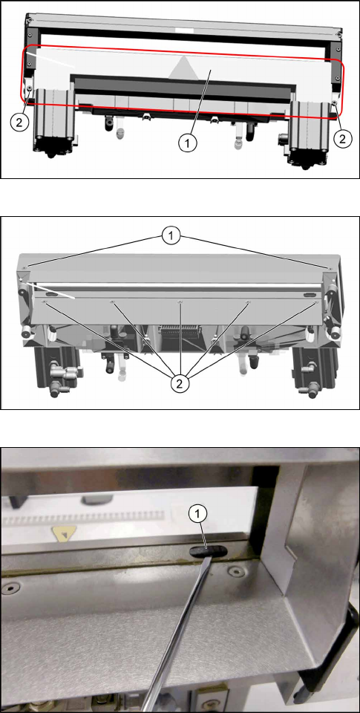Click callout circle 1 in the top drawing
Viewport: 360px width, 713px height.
[x=188, y=143]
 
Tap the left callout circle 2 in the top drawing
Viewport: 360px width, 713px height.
[x=19, y=121]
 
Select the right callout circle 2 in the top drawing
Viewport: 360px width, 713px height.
[x=342, y=139]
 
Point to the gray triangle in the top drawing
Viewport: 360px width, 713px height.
[x=183, y=67]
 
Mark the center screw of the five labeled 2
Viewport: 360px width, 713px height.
[x=180, y=302]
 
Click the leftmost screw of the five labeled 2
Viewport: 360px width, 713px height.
[x=45, y=302]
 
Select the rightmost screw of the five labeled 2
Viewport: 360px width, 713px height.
[x=316, y=302]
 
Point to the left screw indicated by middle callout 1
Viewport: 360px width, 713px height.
[x=28, y=267]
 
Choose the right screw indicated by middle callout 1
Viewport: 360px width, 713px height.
[x=329, y=268]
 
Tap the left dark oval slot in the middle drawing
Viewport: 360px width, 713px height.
[x=52, y=295]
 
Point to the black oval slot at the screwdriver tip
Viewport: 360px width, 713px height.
[x=207, y=551]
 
